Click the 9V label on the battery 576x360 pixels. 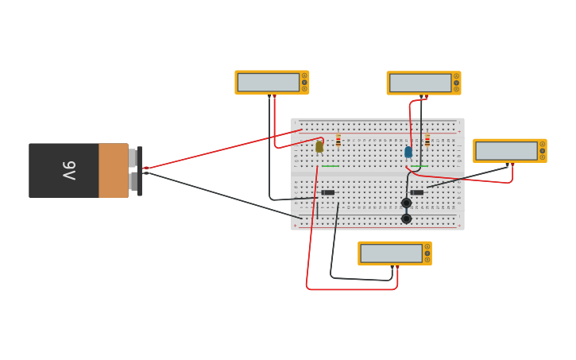[69, 170]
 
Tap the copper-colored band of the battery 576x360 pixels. [113, 170]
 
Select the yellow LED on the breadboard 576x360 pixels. [319, 146]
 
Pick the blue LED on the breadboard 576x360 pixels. [408, 152]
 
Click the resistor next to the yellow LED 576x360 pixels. [338, 141]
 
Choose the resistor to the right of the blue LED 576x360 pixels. [427, 141]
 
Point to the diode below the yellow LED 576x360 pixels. [328, 192]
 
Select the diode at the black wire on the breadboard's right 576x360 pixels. [417, 192]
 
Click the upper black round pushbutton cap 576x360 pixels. [406, 203]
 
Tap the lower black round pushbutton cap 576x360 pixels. [406, 219]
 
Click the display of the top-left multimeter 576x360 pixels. [269, 83]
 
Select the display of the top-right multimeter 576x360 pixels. [420, 83]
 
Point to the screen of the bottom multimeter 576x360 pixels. [391, 254]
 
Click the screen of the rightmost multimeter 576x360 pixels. [506, 151]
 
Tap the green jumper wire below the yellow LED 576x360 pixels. [331, 166]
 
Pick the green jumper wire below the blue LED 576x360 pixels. [419, 166]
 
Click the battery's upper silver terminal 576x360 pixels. [133, 158]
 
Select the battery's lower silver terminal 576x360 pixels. [133, 182]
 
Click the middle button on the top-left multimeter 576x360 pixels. [304, 83]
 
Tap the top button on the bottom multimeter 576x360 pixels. [427, 247]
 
